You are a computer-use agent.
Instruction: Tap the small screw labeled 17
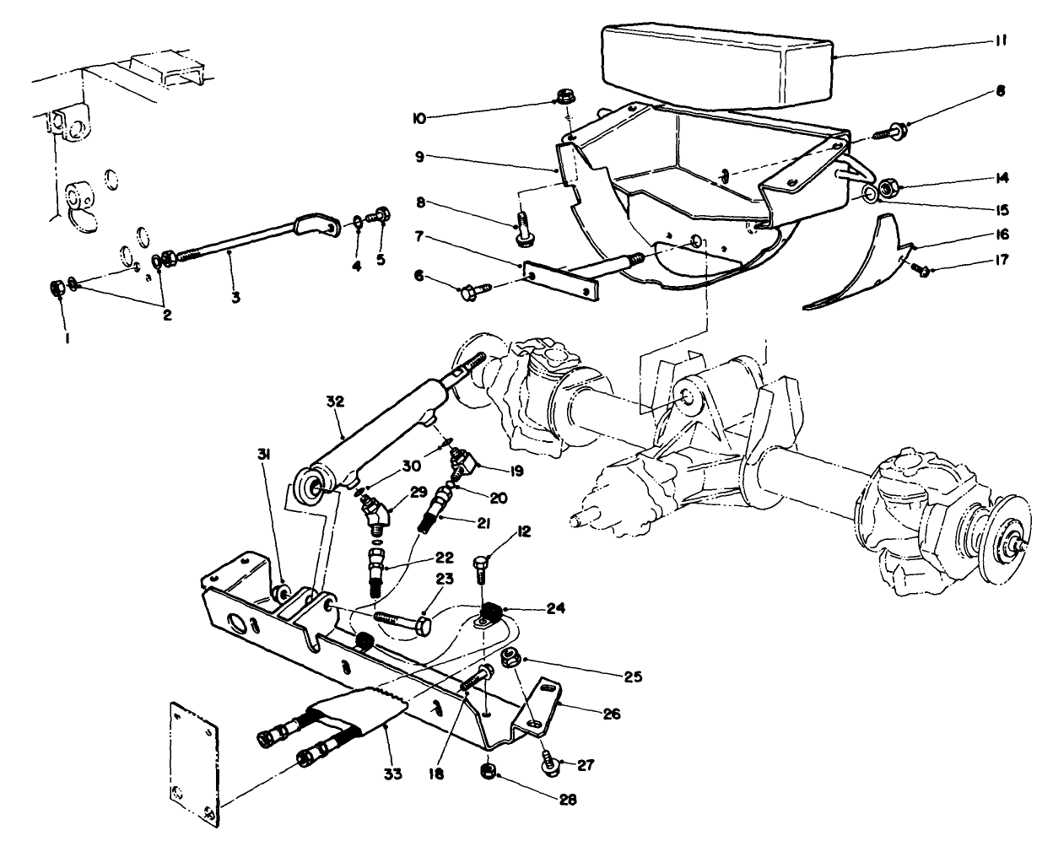point(924,271)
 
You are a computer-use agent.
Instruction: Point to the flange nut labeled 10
point(567,97)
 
